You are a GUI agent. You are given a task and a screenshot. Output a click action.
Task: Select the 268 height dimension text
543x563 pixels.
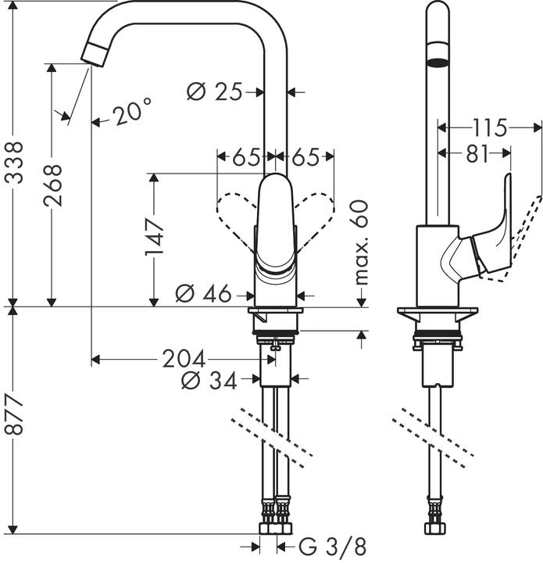[x=54, y=185]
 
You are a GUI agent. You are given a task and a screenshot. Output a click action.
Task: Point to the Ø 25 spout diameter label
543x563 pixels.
[x=214, y=92]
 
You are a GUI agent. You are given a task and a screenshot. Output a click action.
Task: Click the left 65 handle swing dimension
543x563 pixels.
[x=246, y=157]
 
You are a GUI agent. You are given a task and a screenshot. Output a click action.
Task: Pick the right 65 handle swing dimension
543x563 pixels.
[x=305, y=157]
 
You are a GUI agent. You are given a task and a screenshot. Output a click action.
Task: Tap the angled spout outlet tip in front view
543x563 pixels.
[x=93, y=54]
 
